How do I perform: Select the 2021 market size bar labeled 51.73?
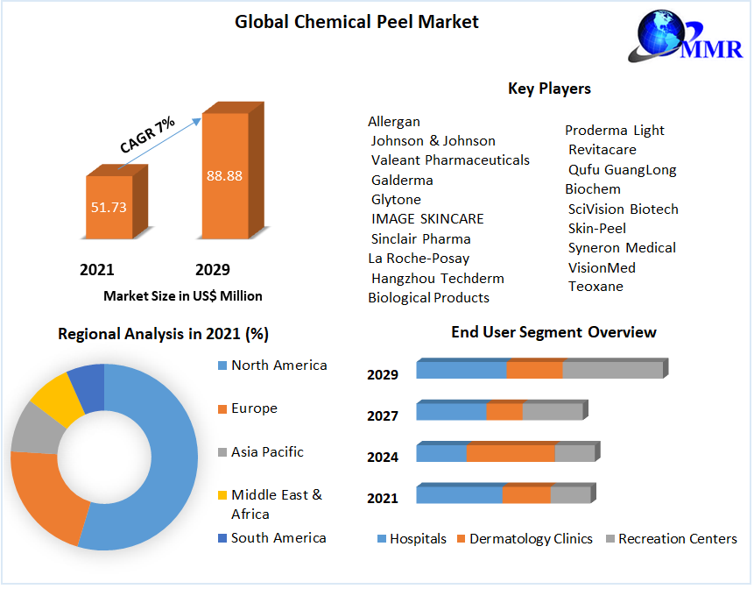coord(109,207)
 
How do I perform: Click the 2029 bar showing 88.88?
coord(225,175)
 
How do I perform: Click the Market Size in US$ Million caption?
coord(182,296)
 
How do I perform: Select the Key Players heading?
coord(549,89)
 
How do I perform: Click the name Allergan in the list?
coord(394,122)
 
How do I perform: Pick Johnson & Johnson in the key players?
coord(433,141)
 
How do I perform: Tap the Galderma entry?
coord(402,181)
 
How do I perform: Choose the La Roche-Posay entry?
coord(419,259)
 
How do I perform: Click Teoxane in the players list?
coord(595,287)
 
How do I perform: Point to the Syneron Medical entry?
coord(622,248)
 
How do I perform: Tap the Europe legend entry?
coord(253,408)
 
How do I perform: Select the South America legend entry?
coord(278,538)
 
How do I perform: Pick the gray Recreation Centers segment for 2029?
coord(612,370)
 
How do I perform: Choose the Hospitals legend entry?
coord(417,539)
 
